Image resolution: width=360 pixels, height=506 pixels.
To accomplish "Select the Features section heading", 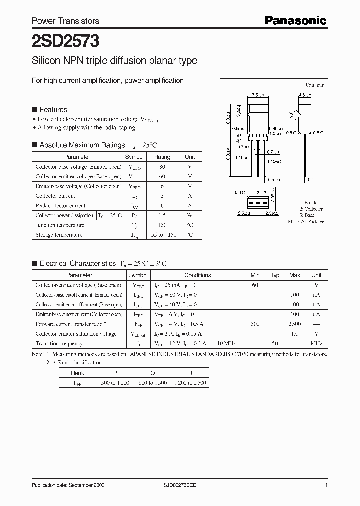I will click(53, 110).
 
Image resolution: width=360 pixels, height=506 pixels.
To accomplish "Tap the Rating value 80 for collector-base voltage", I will click(162, 167).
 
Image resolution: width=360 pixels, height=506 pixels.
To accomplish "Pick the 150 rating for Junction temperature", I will click(162, 225).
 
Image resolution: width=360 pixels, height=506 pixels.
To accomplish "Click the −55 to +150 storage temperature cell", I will click(162, 235).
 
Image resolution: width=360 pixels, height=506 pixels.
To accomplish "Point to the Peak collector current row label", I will click(60, 206).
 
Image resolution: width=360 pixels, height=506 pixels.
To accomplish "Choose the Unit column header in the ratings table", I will click(190, 157).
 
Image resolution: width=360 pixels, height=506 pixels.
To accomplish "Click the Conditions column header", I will click(197, 275).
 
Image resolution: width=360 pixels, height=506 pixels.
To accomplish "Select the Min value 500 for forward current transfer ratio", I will click(255, 324).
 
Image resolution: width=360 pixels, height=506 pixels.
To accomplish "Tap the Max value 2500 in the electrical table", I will click(295, 324).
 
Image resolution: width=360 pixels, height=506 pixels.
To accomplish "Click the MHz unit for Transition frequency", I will click(316, 344).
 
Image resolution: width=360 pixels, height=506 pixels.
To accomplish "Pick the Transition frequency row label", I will click(59, 344).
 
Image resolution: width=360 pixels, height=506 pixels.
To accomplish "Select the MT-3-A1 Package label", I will click(306, 221).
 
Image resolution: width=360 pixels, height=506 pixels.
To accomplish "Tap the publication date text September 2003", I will click(68, 485).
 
